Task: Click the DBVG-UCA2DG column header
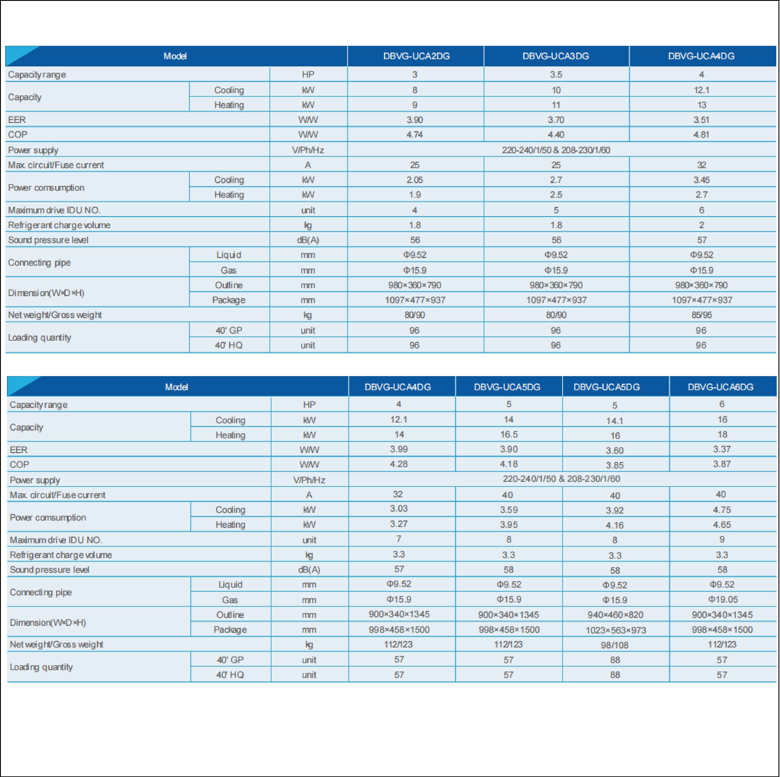(416, 56)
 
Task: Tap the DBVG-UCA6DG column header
(721, 387)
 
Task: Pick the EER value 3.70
(556, 120)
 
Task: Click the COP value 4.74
(415, 135)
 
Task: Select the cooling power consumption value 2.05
(415, 180)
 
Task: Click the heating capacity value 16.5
(509, 435)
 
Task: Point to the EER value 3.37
(722, 449)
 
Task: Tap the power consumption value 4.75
(722, 510)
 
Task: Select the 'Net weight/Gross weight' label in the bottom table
(57, 645)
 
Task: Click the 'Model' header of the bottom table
(177, 387)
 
